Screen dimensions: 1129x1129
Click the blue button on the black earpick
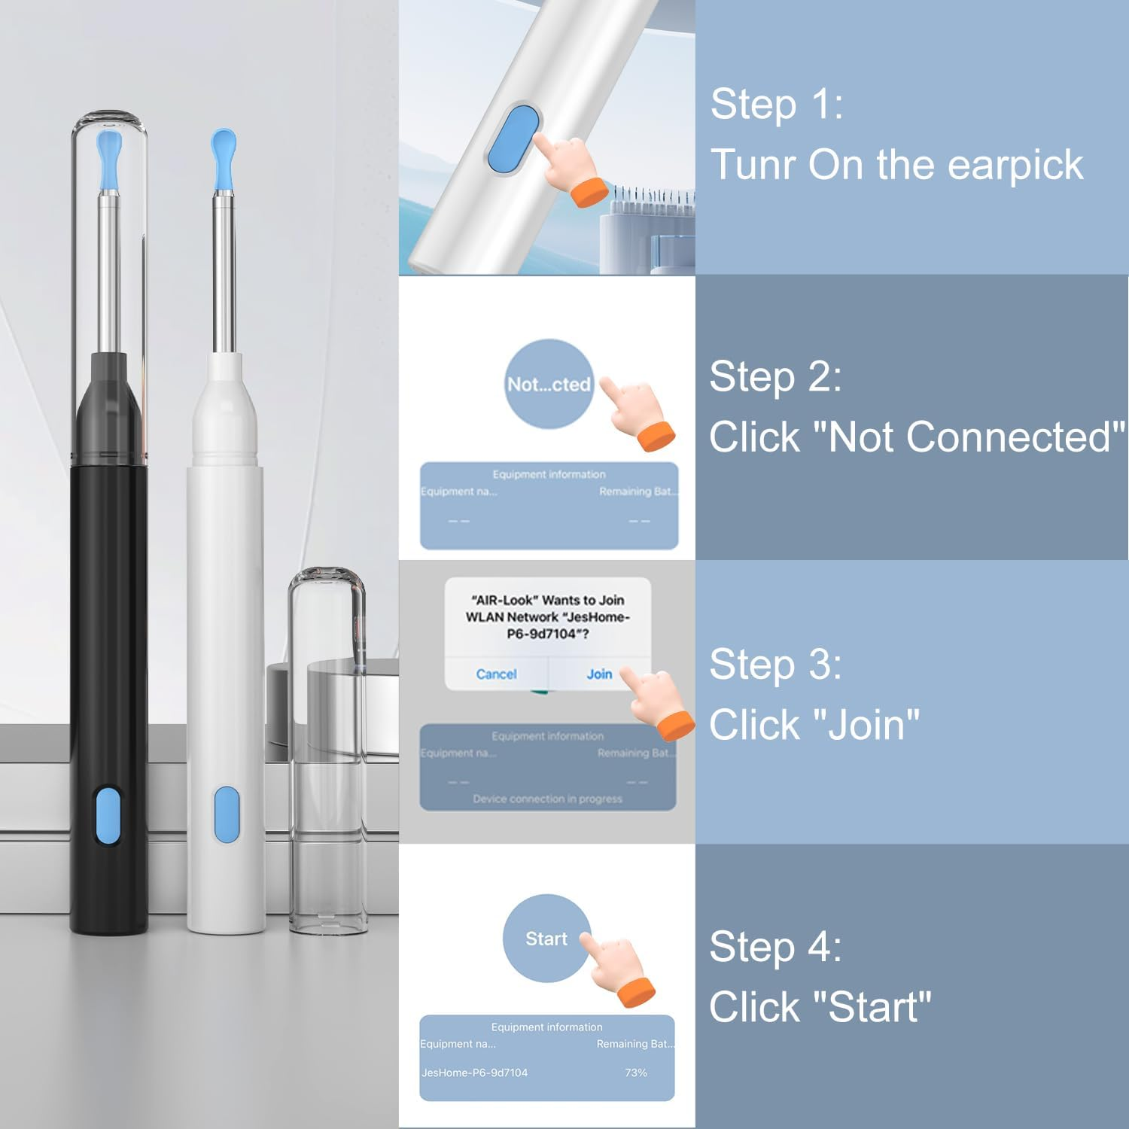pyautogui.click(x=108, y=816)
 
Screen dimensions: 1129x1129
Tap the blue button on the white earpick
pyautogui.click(x=226, y=814)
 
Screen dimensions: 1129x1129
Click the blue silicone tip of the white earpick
pyautogui.click(x=224, y=157)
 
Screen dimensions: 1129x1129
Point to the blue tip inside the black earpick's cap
pyautogui.click(x=109, y=158)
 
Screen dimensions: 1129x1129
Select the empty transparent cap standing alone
pyautogui.click(x=327, y=753)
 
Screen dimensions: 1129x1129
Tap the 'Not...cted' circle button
pyautogui.click(x=549, y=384)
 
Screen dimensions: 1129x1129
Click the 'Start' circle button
pyautogui.click(x=546, y=939)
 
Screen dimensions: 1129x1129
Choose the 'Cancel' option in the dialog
pyautogui.click(x=496, y=674)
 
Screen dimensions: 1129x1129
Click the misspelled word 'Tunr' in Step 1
pyautogui.click(x=753, y=165)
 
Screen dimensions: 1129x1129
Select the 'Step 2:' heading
pyautogui.click(x=775, y=376)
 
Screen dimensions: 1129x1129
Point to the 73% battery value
pyautogui.click(x=636, y=1073)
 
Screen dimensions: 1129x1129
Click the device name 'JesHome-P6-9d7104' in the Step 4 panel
pyautogui.click(x=474, y=1073)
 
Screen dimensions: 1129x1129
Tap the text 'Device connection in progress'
pyautogui.click(x=547, y=799)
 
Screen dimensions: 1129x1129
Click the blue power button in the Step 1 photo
pyautogui.click(x=514, y=138)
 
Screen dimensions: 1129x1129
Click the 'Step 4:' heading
pyautogui.click(x=775, y=946)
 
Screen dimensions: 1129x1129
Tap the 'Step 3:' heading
pyautogui.click(x=775, y=664)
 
